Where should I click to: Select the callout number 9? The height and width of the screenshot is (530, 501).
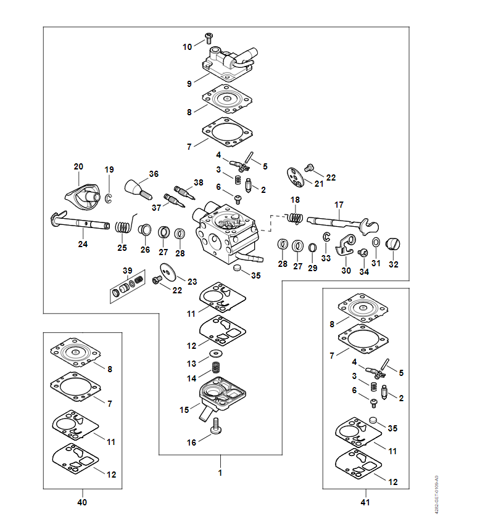click(190, 83)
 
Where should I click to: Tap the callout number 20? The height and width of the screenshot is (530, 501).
click(78, 167)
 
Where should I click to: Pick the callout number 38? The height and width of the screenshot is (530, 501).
click(198, 182)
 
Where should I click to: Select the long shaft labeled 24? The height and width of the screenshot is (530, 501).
click(80, 222)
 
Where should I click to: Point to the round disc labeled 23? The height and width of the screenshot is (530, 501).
click(167, 270)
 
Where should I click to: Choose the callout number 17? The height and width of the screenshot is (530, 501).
click(339, 205)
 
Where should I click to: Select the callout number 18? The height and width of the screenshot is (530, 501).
click(295, 200)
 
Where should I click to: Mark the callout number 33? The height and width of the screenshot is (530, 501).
click(326, 258)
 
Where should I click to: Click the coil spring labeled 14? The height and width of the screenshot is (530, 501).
click(217, 367)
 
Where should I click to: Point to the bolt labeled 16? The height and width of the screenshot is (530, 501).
click(215, 427)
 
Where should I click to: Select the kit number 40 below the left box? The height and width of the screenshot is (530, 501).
click(82, 502)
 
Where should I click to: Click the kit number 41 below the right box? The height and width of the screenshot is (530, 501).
click(365, 502)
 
